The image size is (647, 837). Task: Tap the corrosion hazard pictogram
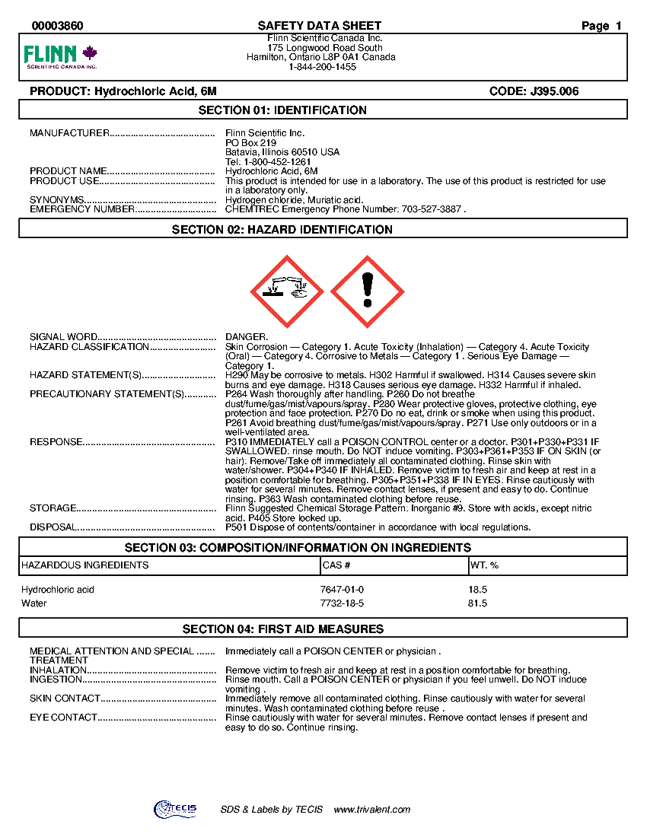[x=287, y=291]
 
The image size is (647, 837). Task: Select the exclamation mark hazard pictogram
[x=368, y=291]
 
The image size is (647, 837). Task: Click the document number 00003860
[x=57, y=26]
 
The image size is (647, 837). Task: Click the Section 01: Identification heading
[x=282, y=110]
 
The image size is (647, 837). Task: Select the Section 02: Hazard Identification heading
[x=282, y=230]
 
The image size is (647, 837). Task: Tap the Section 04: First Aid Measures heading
[x=282, y=629]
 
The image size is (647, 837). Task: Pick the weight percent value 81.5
[x=477, y=603]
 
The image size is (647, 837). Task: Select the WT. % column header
[x=484, y=565]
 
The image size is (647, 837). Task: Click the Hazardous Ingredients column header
[x=84, y=565]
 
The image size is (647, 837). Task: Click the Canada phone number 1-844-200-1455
[x=322, y=67]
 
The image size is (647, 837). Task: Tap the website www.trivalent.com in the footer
[x=372, y=810]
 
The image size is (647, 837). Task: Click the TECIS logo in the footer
[x=175, y=810]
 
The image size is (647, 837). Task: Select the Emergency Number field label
[x=82, y=209]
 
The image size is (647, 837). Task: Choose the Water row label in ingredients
[x=34, y=603]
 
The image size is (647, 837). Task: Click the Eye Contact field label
[x=63, y=718]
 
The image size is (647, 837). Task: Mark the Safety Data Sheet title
[x=320, y=26]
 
